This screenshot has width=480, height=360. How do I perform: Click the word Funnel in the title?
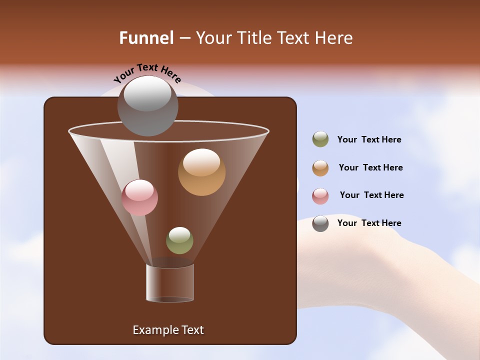[x=146, y=38]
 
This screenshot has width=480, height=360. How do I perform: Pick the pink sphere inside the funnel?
[x=139, y=198]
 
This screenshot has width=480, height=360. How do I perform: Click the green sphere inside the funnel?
[x=179, y=241]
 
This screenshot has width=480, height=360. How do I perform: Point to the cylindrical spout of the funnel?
[x=170, y=283]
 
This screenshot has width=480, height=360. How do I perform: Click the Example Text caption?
[x=168, y=330]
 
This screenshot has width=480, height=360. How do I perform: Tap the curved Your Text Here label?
[x=147, y=72]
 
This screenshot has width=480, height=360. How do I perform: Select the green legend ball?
[x=320, y=139]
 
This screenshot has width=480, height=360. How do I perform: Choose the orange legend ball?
[x=320, y=167]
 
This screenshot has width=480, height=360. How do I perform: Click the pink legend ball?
[x=320, y=195]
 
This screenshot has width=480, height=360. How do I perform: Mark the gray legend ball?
[x=320, y=223]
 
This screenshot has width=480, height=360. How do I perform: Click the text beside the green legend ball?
[x=369, y=139]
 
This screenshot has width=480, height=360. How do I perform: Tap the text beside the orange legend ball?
[x=370, y=167]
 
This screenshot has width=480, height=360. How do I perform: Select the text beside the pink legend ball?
[x=371, y=195]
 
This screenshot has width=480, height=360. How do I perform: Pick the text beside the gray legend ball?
[x=369, y=223]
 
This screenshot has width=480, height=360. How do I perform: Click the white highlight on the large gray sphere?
[x=147, y=93]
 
